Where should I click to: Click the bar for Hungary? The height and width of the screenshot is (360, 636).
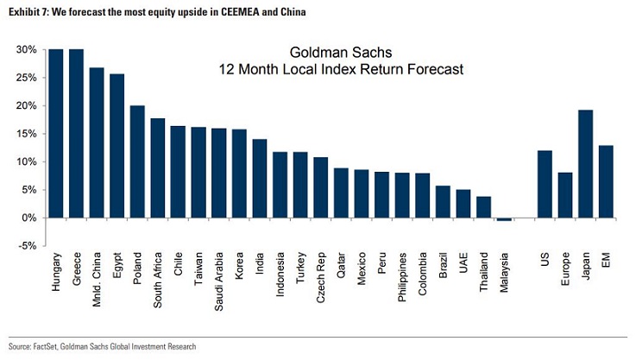point(56,133)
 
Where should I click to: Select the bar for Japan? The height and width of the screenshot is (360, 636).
point(586,163)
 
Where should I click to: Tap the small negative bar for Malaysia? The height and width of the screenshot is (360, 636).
point(504,219)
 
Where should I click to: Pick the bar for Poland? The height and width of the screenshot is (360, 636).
point(137,161)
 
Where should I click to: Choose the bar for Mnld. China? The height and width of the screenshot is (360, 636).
point(97,142)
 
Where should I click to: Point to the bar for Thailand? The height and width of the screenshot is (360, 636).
point(483,207)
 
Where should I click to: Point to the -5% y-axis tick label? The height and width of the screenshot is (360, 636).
point(27,246)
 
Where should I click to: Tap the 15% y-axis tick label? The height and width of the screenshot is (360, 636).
point(26,134)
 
